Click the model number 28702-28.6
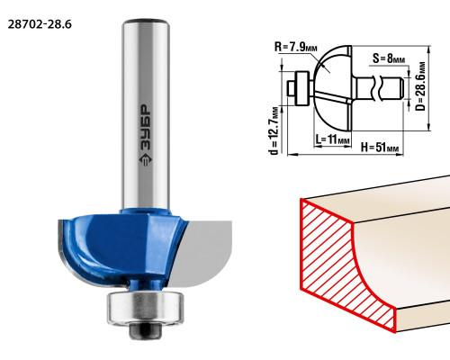[x=40, y=24]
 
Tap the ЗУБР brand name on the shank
[x=146, y=128]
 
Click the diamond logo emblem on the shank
[x=146, y=160]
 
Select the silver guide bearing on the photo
[x=145, y=308]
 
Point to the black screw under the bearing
[x=145, y=330]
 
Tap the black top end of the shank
[x=146, y=22]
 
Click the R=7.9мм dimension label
[x=295, y=47]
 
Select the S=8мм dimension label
[x=389, y=58]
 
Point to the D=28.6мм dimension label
[x=420, y=86]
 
